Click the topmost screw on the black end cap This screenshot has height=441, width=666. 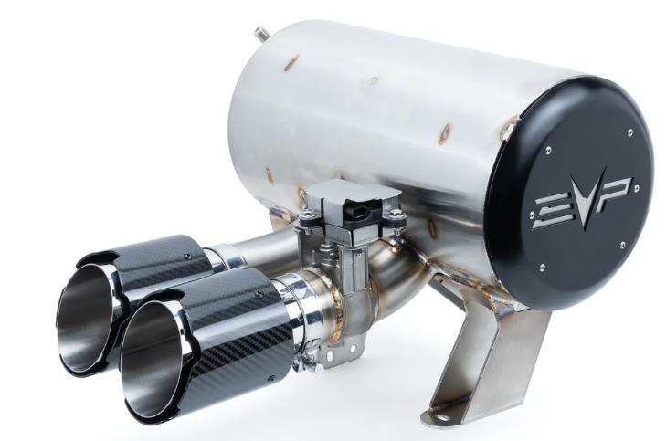pos(629,132)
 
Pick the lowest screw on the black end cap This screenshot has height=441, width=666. pos(543,268)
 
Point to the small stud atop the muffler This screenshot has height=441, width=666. pos(260,33)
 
